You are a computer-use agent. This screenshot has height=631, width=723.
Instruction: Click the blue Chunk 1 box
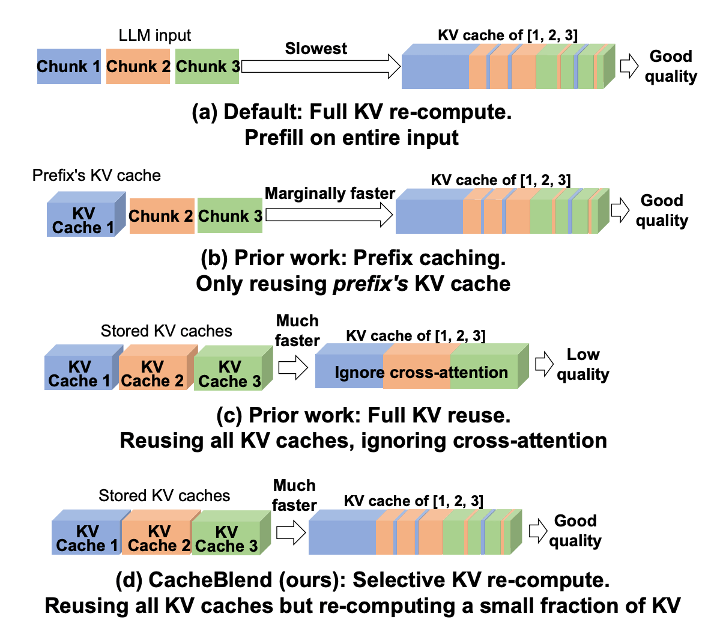(68, 66)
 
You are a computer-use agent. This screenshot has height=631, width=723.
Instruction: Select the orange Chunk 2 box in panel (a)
(138, 66)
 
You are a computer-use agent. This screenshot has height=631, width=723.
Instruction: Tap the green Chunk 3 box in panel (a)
(207, 66)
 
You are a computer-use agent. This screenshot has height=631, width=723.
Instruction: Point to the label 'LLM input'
(155, 35)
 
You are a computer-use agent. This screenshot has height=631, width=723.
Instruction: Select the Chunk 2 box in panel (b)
(162, 216)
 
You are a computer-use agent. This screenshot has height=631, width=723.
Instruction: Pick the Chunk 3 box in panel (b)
(230, 216)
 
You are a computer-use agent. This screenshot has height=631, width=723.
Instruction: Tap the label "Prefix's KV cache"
(97, 175)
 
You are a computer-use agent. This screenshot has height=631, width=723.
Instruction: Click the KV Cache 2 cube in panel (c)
(153, 373)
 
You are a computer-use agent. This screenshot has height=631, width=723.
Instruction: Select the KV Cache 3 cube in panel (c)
(229, 373)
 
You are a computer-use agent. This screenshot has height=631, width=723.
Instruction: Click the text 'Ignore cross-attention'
(421, 373)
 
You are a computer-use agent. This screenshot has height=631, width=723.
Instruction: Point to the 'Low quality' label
(582, 364)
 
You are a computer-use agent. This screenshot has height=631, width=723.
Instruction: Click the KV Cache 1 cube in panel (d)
(88, 538)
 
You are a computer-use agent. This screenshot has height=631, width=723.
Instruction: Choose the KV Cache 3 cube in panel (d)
(226, 538)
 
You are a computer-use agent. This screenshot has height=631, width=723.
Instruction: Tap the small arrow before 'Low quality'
(544, 364)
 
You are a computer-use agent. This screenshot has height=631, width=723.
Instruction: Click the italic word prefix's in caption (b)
(371, 284)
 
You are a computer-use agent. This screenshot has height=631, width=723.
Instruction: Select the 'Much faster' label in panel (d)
(294, 495)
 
